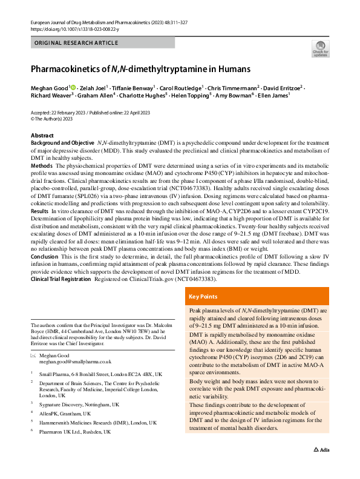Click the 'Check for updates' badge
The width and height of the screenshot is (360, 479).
coord(319,48)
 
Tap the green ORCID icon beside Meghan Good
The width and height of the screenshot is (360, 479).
coord(73,87)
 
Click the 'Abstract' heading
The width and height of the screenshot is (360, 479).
coord(42,135)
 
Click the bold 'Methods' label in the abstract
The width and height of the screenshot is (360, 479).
coord(41,165)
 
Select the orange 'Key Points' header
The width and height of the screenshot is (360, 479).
coord(204,297)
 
